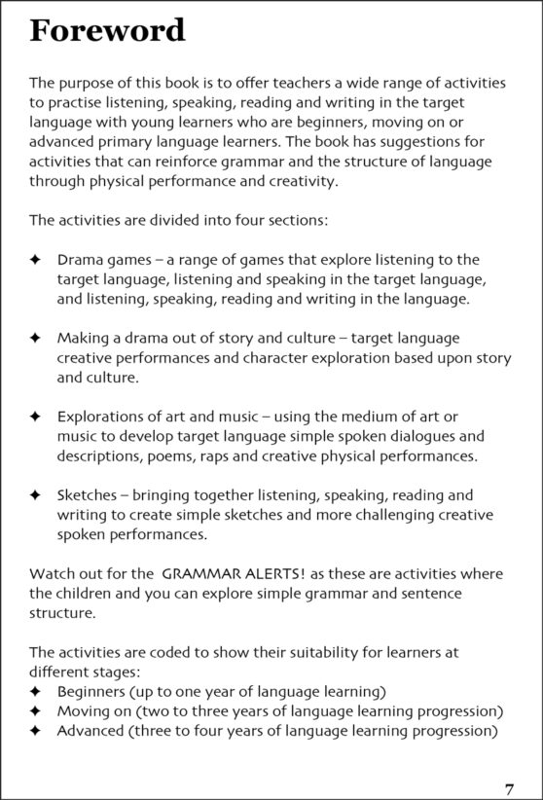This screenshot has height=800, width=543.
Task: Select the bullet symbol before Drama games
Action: [x=35, y=260]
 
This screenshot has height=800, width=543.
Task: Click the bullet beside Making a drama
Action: [x=35, y=339]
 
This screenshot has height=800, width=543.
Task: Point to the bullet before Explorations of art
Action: [x=35, y=417]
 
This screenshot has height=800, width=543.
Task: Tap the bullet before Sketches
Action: [x=35, y=495]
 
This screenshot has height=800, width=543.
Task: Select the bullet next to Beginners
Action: [x=35, y=692]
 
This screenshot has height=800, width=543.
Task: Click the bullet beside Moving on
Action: [x=35, y=711]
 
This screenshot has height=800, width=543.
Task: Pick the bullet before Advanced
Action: [x=35, y=731]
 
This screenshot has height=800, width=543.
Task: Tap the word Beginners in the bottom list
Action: [x=95, y=692]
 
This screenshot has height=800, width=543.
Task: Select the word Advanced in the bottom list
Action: [x=95, y=731]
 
